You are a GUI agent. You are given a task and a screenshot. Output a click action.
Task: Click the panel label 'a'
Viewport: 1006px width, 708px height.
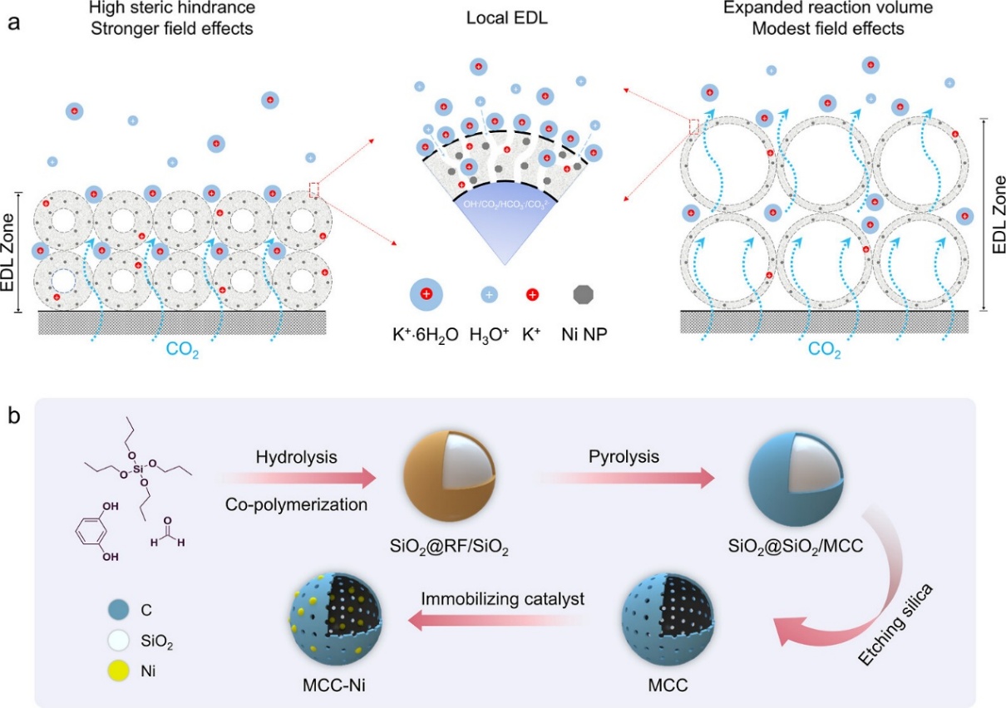[13, 22]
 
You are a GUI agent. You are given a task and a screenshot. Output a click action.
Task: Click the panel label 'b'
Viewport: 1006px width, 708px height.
[14, 413]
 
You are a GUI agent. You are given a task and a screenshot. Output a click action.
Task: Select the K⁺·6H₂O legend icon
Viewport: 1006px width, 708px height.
[426, 293]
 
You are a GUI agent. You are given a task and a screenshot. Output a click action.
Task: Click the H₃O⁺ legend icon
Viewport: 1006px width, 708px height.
[489, 294]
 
